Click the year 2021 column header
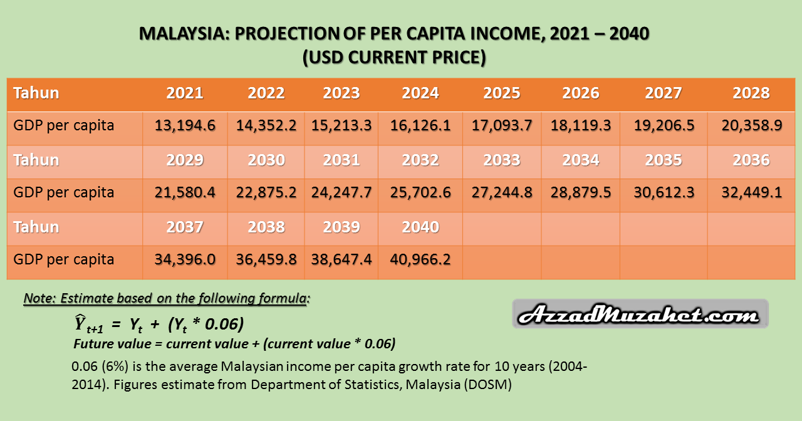coord(185,93)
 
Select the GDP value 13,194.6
coord(185,125)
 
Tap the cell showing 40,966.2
coord(420,259)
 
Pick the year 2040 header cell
coord(420,227)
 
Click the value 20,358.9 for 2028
coord(751,125)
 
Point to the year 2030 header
coord(266,160)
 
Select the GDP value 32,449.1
coord(751,192)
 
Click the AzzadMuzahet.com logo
coord(640,314)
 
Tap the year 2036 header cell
coord(751,160)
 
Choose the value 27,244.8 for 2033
coord(502,192)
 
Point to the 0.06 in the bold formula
coord(222,324)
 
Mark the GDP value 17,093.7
coord(502,125)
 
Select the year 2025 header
coord(502,93)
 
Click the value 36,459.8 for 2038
coord(266,259)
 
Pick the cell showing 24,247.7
coord(341,192)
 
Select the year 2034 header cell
coord(581,160)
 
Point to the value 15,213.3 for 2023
coord(341,125)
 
